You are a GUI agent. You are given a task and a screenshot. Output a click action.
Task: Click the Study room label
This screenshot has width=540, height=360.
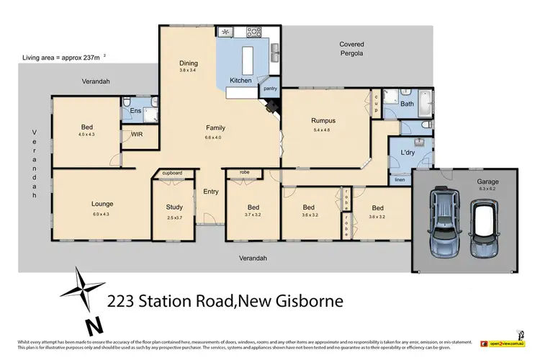click(174, 207)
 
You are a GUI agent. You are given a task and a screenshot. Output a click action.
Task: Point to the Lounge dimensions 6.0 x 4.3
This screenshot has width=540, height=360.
click(102, 214)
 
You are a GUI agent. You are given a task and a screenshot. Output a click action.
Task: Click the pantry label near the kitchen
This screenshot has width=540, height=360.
click(271, 89)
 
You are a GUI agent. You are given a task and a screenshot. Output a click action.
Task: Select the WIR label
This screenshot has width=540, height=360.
click(135, 134)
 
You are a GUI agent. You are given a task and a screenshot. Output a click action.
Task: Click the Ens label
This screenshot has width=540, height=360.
click(134, 111)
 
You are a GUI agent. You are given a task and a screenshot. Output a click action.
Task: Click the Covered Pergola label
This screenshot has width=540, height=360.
click(351, 49)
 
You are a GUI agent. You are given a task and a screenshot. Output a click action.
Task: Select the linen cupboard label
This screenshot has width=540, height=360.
click(400, 179)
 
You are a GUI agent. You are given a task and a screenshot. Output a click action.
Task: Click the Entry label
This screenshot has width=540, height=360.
click(211, 191)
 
